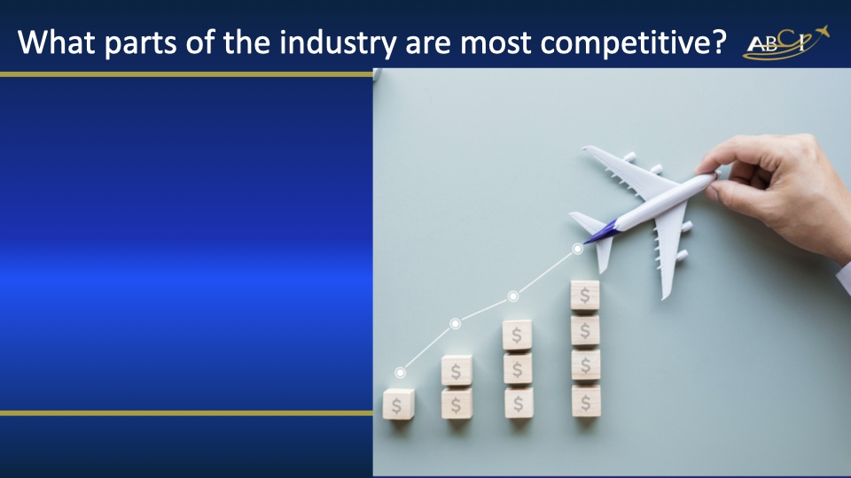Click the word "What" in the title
pyautogui.click(x=59, y=42)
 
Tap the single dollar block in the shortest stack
pyautogui.click(x=398, y=405)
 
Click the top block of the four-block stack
pyautogui.click(x=585, y=295)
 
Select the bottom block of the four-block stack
pyautogui.click(x=585, y=400)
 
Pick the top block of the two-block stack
pyautogui.click(x=457, y=371)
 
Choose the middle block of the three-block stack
pyautogui.click(x=518, y=368)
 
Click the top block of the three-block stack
pyautogui.click(x=517, y=335)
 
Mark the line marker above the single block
pyautogui.click(x=400, y=373)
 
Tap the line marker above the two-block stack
pyautogui.click(x=455, y=323)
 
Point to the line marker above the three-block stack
pyautogui.click(x=512, y=296)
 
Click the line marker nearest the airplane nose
pyautogui.click(x=577, y=249)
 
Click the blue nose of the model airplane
pyautogui.click(x=597, y=233)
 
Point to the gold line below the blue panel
pyautogui.click(x=186, y=412)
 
